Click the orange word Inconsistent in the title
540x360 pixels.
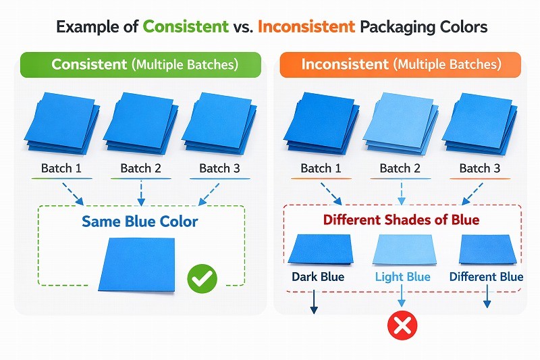(x=306, y=27)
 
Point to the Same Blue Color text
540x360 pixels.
(x=140, y=221)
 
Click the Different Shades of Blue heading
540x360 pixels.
(x=401, y=220)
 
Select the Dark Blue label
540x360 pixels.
(x=318, y=277)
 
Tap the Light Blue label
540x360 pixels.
(x=402, y=277)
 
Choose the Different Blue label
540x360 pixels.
(x=486, y=277)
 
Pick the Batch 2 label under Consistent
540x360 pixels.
(x=140, y=168)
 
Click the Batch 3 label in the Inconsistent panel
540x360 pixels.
(x=480, y=168)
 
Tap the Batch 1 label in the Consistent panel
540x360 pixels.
(x=61, y=168)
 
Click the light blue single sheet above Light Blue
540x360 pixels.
(x=402, y=250)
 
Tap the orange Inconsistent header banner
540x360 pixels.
(x=401, y=65)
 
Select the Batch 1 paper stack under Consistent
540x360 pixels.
(x=61, y=122)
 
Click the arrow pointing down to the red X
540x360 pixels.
(x=402, y=297)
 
